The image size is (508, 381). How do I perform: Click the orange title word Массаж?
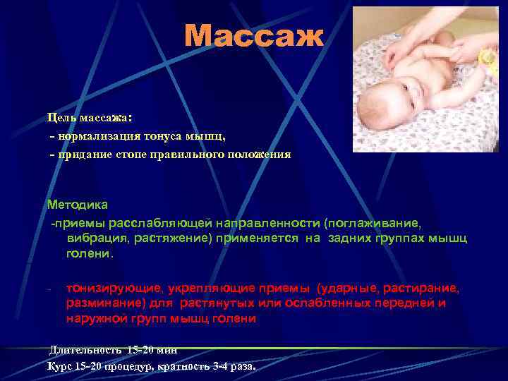(x=254, y=37)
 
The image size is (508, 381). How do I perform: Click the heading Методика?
(x=78, y=205)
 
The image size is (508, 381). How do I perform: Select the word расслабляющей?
(x=169, y=224)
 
